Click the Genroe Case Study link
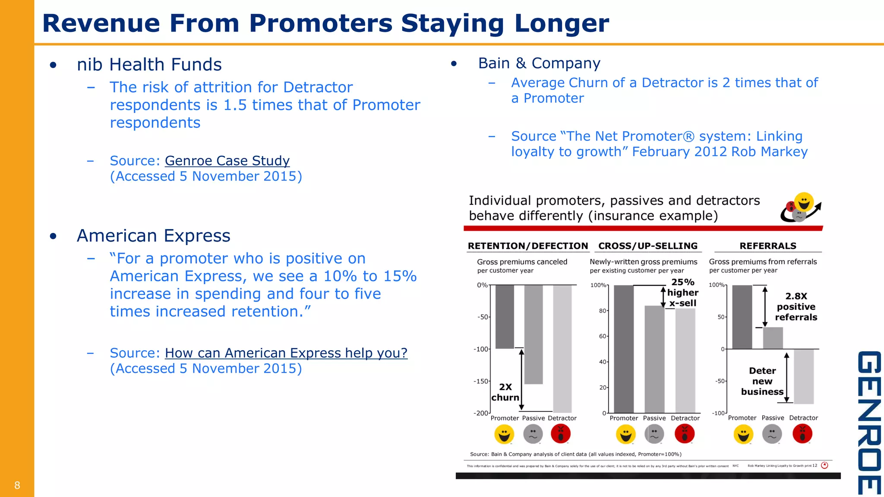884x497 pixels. click(227, 161)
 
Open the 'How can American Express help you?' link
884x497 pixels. click(286, 353)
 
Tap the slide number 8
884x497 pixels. click(17, 485)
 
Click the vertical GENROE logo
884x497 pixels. click(868, 423)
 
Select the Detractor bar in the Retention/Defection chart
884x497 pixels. click(562, 349)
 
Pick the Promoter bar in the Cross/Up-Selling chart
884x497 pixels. click(623, 349)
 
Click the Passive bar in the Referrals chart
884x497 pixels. click(773, 338)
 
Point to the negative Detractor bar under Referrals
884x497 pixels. click(803, 376)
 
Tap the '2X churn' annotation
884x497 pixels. click(505, 392)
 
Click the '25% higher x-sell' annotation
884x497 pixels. click(683, 293)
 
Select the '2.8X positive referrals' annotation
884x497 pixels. click(796, 307)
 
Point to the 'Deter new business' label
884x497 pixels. click(762, 381)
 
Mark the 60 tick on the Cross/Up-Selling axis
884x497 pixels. click(603, 336)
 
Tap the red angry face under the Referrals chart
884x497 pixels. click(802, 434)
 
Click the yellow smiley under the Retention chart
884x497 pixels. click(504, 434)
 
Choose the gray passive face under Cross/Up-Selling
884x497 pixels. click(654, 434)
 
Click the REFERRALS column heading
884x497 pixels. click(768, 246)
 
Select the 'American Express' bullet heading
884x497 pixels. click(154, 236)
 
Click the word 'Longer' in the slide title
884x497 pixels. click(562, 23)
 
